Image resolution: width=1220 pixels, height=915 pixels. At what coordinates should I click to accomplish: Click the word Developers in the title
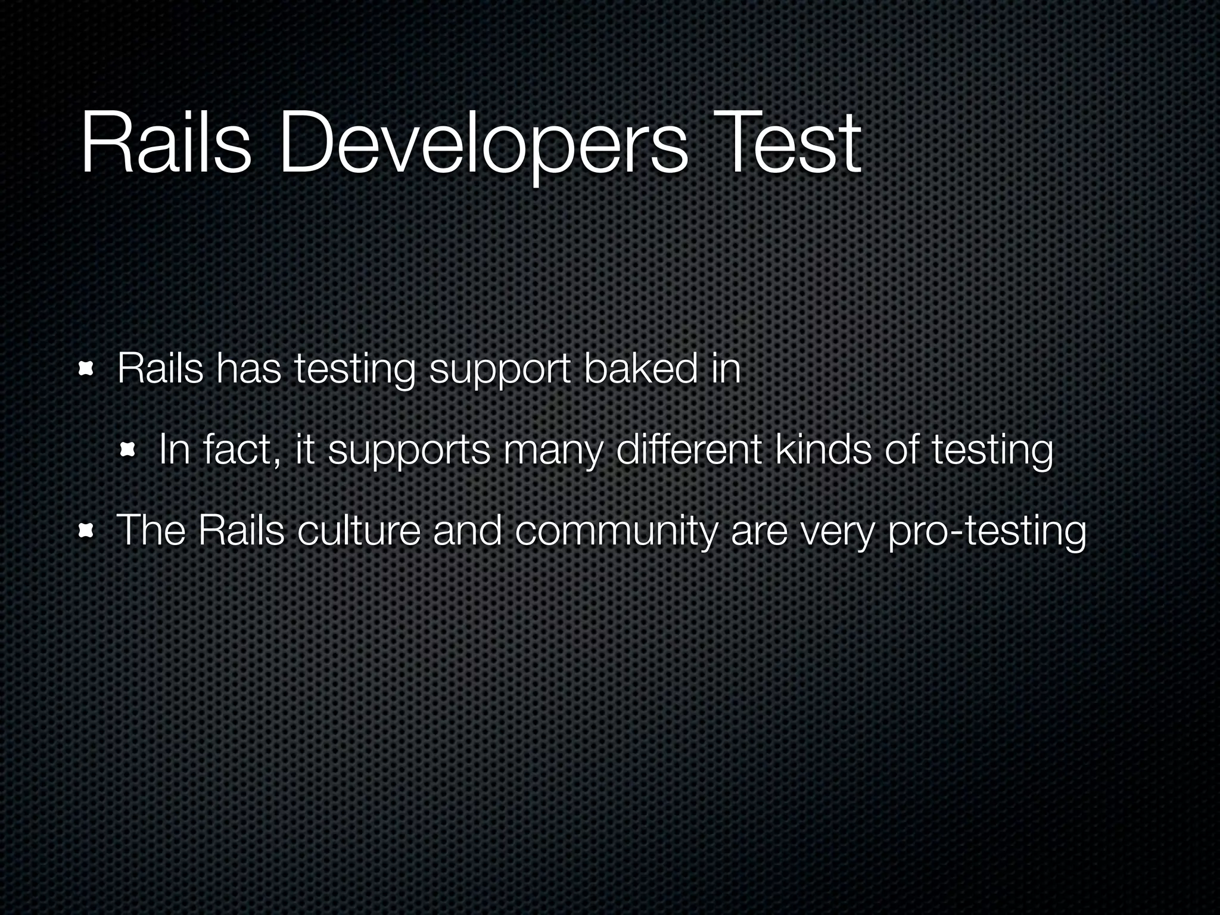pyautogui.click(x=483, y=146)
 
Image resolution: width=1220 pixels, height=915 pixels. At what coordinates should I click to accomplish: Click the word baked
pyautogui.click(x=640, y=369)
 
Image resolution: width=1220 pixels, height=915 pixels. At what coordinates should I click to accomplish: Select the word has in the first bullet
pyautogui.click(x=248, y=369)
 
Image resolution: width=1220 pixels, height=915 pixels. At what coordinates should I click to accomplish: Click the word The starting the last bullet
pyautogui.click(x=151, y=530)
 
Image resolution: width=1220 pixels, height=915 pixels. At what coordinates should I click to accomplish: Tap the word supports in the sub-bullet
pyautogui.click(x=409, y=451)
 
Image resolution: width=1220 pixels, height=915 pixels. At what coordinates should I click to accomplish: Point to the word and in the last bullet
pyautogui.click(x=467, y=530)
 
